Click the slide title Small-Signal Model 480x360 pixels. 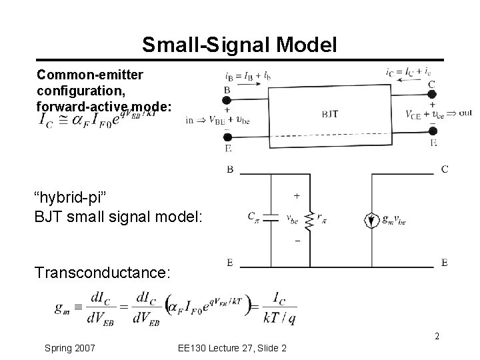[x=239, y=45]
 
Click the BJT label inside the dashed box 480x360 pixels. [x=330, y=114]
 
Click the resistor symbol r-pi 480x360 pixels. [x=311, y=218]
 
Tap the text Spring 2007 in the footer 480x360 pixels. [x=69, y=348]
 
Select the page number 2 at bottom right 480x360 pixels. [x=437, y=336]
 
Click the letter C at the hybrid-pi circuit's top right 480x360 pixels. [x=444, y=169]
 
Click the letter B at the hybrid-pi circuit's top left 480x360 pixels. [x=230, y=169]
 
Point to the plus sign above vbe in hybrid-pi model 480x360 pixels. [x=296, y=196]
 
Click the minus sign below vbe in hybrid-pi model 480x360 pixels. [x=296, y=240]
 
